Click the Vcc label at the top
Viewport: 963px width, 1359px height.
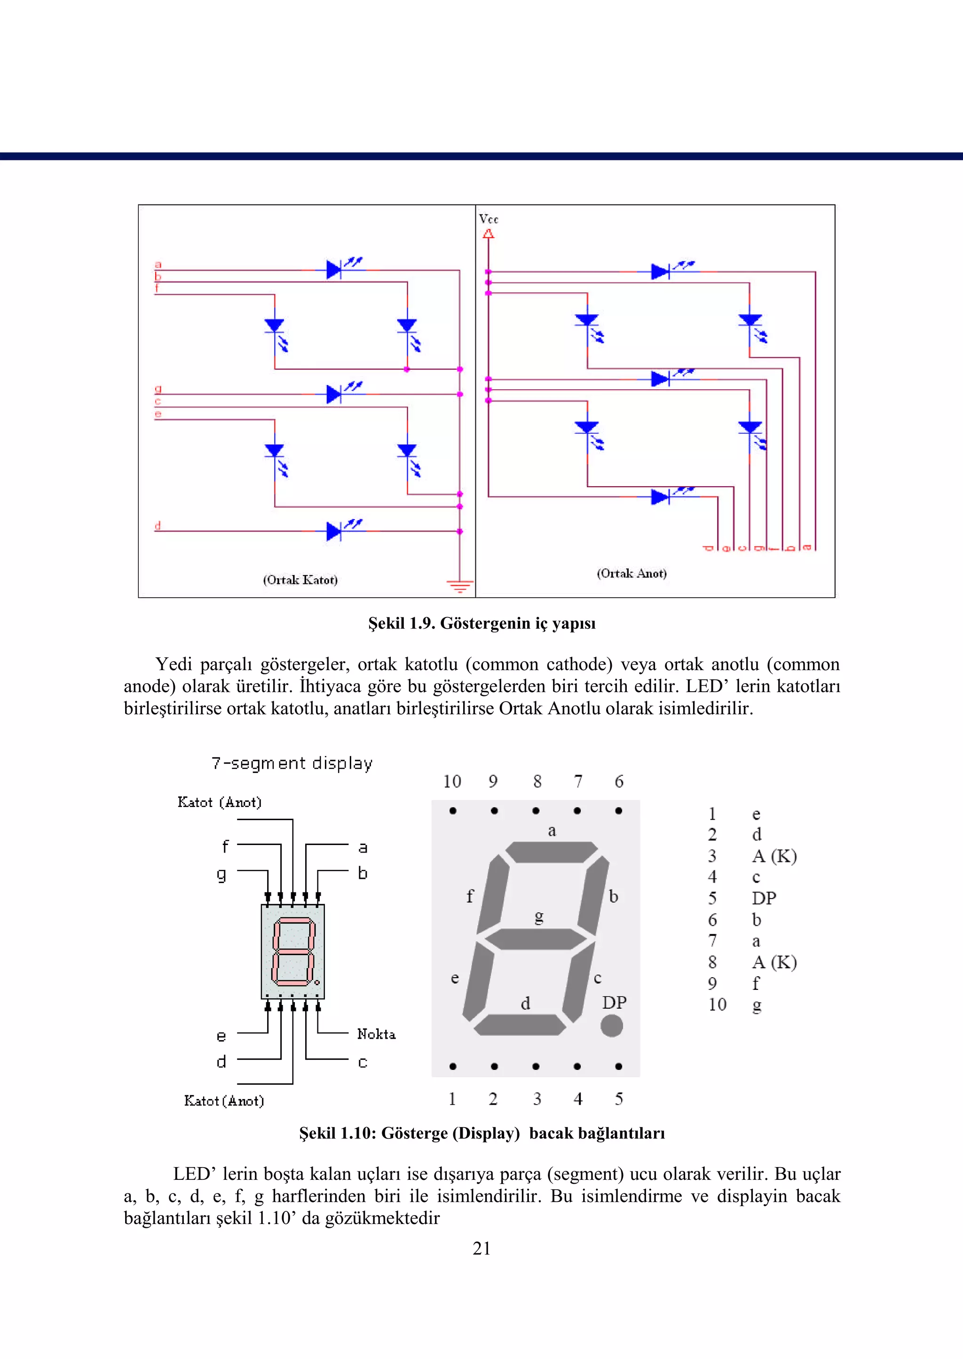click(x=489, y=219)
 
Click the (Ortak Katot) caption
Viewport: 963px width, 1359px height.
click(x=300, y=579)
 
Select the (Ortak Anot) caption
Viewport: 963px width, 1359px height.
click(x=631, y=573)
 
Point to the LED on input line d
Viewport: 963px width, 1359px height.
click(x=334, y=531)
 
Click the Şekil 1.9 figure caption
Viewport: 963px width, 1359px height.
click(x=481, y=623)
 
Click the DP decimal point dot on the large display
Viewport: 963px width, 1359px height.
click(x=611, y=1025)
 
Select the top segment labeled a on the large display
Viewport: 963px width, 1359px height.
click(x=552, y=852)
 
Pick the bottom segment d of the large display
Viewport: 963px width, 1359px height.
click(x=520, y=1025)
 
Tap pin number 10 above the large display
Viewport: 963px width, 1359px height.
click(x=452, y=782)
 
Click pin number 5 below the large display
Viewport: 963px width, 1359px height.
click(x=618, y=1098)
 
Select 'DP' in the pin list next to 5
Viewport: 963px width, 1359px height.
click(x=764, y=898)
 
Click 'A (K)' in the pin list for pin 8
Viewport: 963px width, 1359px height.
click(x=774, y=962)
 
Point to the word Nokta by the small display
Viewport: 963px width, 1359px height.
click(x=376, y=1034)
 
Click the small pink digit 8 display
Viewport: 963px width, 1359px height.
click(x=293, y=952)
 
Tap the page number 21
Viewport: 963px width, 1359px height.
click(x=481, y=1248)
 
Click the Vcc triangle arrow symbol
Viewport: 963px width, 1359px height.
click(x=488, y=234)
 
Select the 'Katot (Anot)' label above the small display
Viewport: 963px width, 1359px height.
click(x=220, y=802)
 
